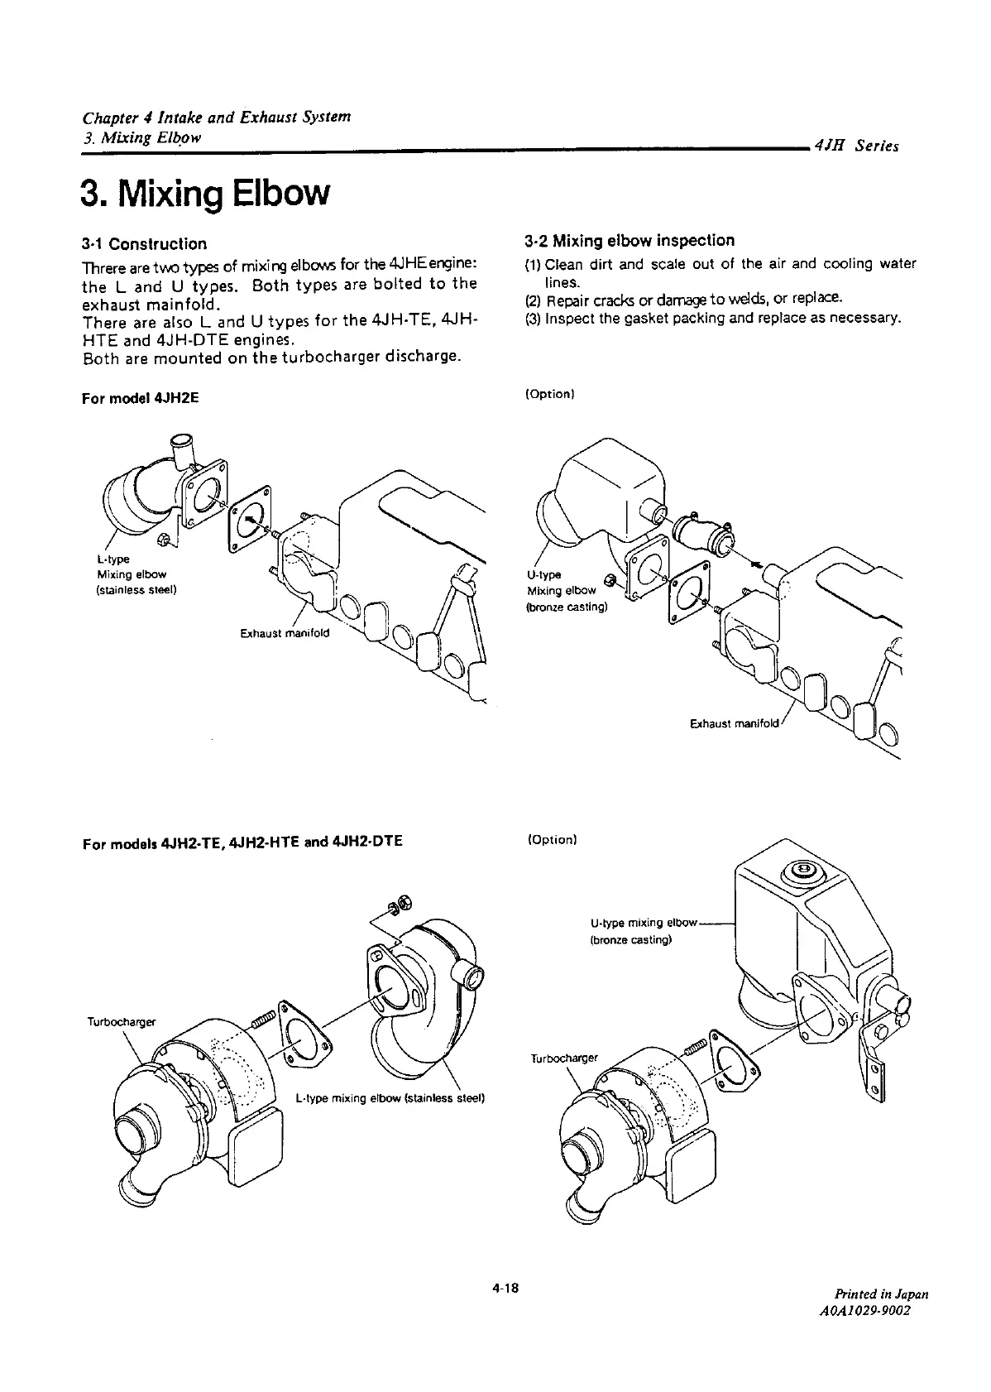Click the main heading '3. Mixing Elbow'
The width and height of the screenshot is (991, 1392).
tap(204, 193)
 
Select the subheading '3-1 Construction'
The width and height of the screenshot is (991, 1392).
tap(144, 244)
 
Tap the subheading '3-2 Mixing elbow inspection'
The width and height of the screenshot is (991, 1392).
tap(630, 241)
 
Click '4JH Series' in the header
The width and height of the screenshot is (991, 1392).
tap(856, 147)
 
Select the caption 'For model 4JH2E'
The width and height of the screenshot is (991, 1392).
tap(141, 398)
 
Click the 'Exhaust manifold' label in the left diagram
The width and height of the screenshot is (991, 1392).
tap(284, 633)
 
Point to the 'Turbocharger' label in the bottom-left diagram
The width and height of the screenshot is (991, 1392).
tap(121, 1022)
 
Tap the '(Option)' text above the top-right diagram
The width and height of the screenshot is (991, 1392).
tap(549, 394)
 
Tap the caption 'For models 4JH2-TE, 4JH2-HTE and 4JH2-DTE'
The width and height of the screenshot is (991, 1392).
tap(242, 842)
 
